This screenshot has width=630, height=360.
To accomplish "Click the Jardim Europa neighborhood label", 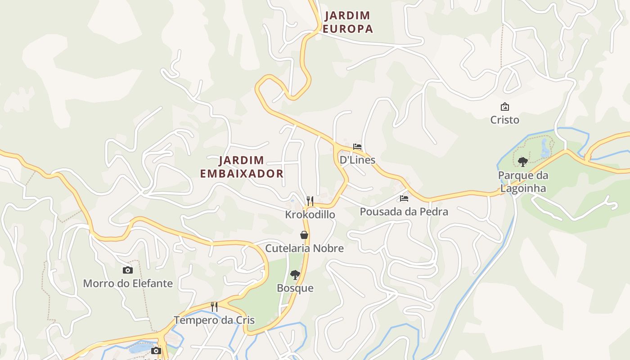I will coord(348,22).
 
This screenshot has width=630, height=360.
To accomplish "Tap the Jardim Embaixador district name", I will coord(242,167).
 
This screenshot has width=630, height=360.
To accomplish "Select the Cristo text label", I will coord(504,120).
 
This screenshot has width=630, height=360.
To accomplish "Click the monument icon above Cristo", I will coord(505,107).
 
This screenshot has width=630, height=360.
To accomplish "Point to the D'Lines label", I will coord(357,160).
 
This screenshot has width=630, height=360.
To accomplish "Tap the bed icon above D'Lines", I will coord(357,147).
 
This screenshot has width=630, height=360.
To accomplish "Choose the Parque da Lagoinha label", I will coord(522,182).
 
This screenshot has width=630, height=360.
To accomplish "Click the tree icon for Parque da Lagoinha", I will coord(522,162).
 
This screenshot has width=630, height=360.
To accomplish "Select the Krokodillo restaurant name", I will coord(310,215).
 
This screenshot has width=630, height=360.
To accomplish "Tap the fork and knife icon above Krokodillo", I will coord(310,201).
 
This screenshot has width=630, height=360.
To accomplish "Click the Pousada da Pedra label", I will coord(404,211).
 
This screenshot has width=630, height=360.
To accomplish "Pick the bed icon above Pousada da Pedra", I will coord(404,198).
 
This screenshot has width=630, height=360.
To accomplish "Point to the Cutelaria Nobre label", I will coord(304,248).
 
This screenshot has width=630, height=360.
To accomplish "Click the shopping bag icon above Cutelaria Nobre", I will coord(305,235).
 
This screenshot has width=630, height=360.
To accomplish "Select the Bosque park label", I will coord(295,288).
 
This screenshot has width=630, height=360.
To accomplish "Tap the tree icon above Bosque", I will coord(295,274).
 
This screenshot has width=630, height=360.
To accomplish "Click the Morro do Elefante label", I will coord(128,283).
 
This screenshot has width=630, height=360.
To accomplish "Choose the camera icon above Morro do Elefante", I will coord(128,270).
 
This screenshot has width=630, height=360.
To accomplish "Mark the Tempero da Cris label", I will coord(214,320).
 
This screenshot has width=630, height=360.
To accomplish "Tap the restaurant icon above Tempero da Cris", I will coord(215,307).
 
